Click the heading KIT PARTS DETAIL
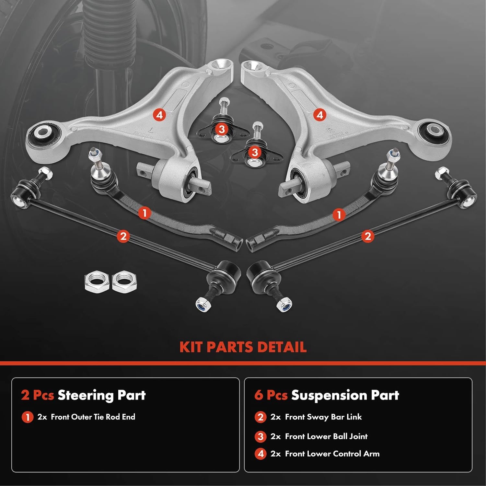[x=243, y=347]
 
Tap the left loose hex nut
[x=96, y=281]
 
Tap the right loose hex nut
[x=124, y=281]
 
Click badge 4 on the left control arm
[x=159, y=115]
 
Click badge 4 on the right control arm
[x=320, y=115]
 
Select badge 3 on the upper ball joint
[x=222, y=130]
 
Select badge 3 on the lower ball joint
[x=255, y=152]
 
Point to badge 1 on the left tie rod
[x=145, y=213]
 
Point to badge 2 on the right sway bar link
[x=367, y=236]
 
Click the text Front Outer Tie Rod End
[x=93, y=417]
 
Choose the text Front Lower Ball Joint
[x=326, y=436]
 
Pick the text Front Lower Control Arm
[x=332, y=454]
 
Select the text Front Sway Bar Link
[x=323, y=417]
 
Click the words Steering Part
[x=102, y=395]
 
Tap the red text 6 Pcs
[x=271, y=395]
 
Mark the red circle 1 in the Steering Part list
[x=28, y=417]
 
